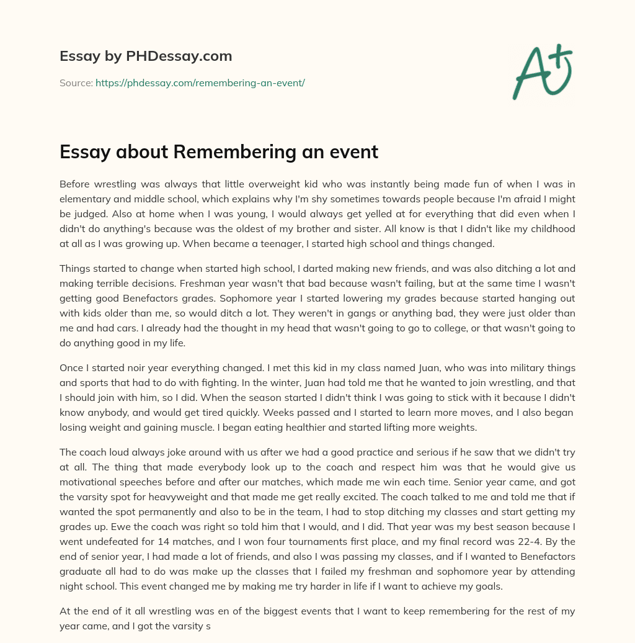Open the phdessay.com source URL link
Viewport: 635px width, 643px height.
coord(200,83)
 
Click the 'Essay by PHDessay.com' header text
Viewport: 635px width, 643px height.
coord(146,56)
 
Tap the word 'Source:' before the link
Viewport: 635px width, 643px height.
coord(76,83)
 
